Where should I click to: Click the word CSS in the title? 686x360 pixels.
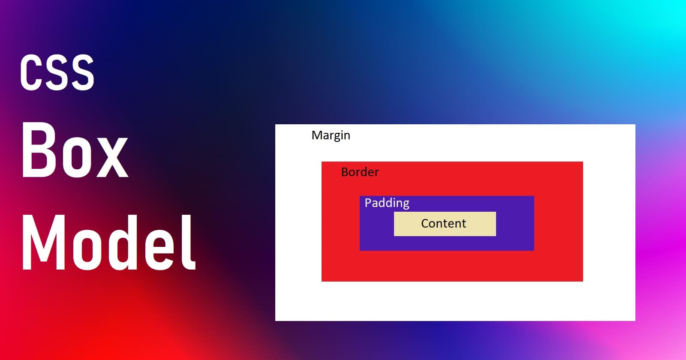57,72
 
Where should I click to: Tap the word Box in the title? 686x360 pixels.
75,150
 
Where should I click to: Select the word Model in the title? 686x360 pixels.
109,243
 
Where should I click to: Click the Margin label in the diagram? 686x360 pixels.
331,135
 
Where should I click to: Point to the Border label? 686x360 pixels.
360,172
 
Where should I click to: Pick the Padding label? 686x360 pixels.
387,203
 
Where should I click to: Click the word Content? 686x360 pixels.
443,223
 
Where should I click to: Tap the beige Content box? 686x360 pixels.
445,224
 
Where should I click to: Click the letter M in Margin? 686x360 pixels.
317,135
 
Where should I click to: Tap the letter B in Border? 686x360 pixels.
345,172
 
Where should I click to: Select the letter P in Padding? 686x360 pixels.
368,203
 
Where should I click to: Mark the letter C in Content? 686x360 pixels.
425,223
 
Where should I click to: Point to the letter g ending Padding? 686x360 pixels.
406,205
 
